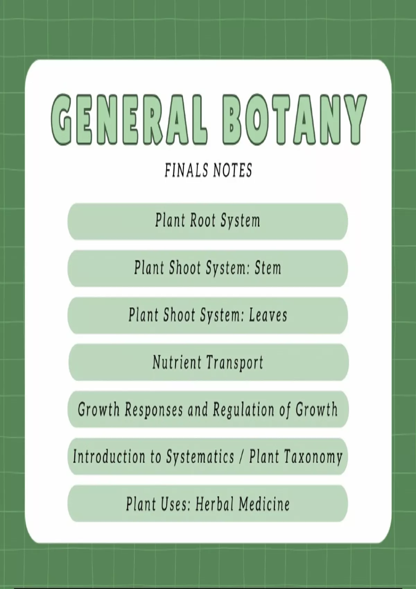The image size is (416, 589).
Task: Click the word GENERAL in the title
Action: (x=129, y=120)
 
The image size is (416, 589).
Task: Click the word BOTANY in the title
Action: (x=294, y=120)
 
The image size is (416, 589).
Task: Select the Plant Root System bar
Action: (x=208, y=221)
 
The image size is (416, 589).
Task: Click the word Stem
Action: (x=268, y=268)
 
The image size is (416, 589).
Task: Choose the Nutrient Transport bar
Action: (x=209, y=362)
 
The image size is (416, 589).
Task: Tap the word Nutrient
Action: (x=177, y=362)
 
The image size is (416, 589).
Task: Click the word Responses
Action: (x=154, y=410)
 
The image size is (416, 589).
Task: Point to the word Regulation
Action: (x=243, y=410)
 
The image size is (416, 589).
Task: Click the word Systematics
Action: (x=200, y=457)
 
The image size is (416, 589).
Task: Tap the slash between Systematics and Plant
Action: (x=242, y=457)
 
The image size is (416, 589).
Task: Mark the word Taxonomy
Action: (x=312, y=457)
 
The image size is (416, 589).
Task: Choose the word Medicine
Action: (x=264, y=504)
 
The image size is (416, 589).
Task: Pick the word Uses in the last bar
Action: (x=175, y=504)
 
